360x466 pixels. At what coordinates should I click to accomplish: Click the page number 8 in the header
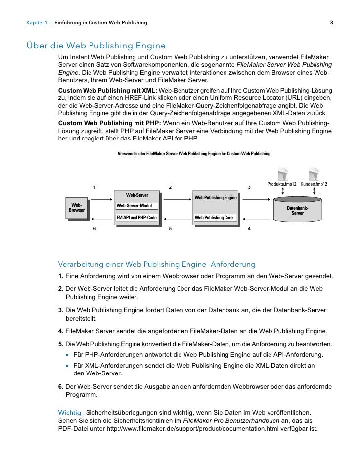click(331, 23)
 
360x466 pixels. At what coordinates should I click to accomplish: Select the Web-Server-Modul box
click(136, 206)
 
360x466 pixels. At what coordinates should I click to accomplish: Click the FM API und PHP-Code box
click(136, 218)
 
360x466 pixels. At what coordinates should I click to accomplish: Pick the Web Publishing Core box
click(214, 218)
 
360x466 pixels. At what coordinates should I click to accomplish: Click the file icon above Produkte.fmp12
click(282, 174)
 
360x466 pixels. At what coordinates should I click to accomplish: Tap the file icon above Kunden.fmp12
click(314, 174)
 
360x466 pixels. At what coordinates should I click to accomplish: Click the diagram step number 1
click(94, 187)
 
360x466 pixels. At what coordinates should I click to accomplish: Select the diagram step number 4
click(249, 229)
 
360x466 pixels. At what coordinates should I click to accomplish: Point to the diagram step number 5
click(170, 229)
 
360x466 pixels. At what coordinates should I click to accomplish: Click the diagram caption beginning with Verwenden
click(194, 154)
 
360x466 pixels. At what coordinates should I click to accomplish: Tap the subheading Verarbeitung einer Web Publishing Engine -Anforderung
click(157, 263)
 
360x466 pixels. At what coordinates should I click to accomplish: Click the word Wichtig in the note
click(69, 412)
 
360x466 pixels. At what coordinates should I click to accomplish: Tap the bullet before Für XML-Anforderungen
click(67, 366)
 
